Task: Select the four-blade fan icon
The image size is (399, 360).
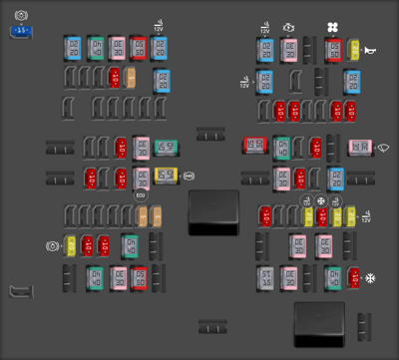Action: [333, 28]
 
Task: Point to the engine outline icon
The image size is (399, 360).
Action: [289, 28]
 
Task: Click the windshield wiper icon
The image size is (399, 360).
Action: [384, 149]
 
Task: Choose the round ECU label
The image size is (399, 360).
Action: [142, 195]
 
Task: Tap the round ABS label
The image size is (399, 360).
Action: [190, 177]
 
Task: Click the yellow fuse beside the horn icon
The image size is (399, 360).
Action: [355, 49]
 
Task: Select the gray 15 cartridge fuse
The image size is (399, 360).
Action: [265, 278]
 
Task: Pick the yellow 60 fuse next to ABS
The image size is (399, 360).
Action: [165, 177]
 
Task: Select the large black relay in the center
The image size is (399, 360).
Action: [212, 209]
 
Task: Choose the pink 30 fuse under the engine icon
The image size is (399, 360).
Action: [289, 49]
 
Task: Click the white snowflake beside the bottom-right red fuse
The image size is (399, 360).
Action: [371, 278]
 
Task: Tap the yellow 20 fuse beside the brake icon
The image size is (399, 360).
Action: [71, 245]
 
